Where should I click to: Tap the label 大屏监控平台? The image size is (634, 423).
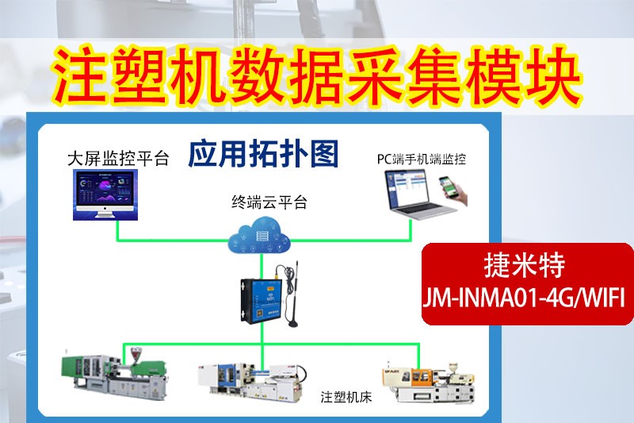[x=118, y=158]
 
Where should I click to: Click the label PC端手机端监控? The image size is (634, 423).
[x=421, y=159]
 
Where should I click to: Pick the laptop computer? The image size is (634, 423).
[x=411, y=202]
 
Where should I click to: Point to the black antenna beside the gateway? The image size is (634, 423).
[x=295, y=294]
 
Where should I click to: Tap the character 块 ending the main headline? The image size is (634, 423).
[x=554, y=75]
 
